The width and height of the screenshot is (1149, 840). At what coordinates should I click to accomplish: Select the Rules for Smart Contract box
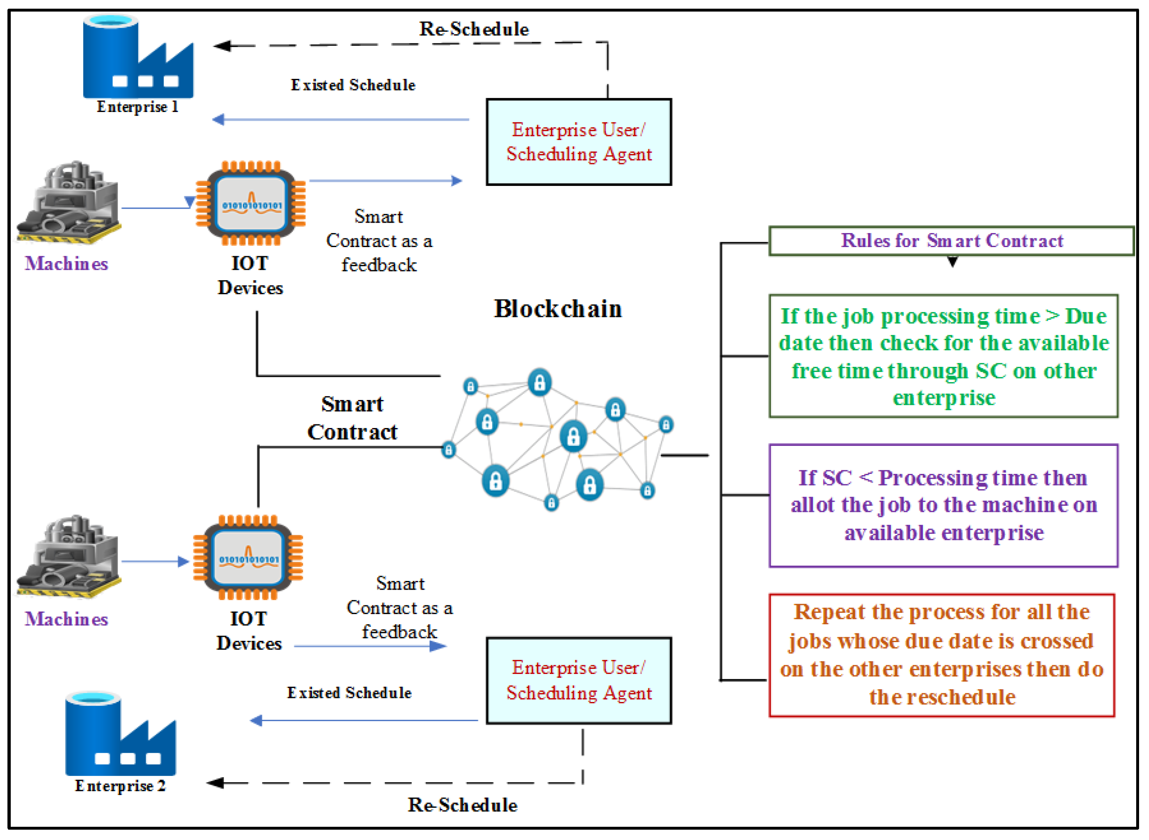951,240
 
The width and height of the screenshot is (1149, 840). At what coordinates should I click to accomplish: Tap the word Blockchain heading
558,309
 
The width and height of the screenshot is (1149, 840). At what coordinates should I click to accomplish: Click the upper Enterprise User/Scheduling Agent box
579,142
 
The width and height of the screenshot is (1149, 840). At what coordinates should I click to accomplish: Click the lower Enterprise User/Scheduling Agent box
579,681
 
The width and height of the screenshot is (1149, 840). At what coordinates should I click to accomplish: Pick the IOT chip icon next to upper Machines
251,203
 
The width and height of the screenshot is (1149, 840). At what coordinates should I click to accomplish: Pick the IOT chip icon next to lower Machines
248,557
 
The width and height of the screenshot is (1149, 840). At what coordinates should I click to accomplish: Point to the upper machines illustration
69,203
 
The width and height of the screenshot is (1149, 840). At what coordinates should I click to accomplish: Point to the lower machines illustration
69,557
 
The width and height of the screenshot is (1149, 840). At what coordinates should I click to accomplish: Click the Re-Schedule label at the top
474,29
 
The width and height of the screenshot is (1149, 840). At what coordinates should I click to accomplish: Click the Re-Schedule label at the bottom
462,805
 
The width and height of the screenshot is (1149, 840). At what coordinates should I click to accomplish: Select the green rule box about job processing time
944,356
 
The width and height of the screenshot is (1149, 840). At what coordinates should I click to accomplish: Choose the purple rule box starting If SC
944,505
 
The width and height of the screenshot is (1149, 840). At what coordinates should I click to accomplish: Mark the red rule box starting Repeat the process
942,655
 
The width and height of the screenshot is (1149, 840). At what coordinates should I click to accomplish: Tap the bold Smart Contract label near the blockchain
352,418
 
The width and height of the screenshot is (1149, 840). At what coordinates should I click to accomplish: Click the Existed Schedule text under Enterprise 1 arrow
353,85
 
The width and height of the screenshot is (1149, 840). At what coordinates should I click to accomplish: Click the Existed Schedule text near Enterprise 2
349,692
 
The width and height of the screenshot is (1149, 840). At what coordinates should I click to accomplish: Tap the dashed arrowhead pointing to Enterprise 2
216,783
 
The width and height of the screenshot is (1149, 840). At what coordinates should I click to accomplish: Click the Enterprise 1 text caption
137,107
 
